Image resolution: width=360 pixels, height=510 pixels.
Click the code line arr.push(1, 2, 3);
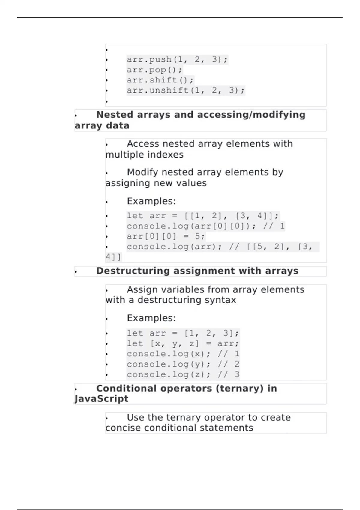tap(177, 60)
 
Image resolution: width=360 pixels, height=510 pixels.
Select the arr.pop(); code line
tap(154, 70)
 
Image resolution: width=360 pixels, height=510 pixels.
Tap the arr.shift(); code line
tap(160, 80)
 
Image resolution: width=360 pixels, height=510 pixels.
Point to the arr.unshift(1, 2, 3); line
tap(186, 90)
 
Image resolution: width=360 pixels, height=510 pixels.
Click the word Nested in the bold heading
tap(115, 115)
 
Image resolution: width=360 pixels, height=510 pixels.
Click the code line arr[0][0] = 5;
tap(166, 236)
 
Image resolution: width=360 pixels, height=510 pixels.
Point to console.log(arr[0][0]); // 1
tap(205, 226)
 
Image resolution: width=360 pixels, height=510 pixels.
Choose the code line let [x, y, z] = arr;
tap(183, 343)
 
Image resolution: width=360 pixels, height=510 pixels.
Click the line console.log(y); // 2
tap(183, 364)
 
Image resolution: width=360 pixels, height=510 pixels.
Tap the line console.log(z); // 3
tap(183, 374)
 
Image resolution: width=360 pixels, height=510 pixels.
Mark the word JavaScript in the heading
tap(101, 399)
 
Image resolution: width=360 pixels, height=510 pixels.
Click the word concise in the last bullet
tap(123, 428)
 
